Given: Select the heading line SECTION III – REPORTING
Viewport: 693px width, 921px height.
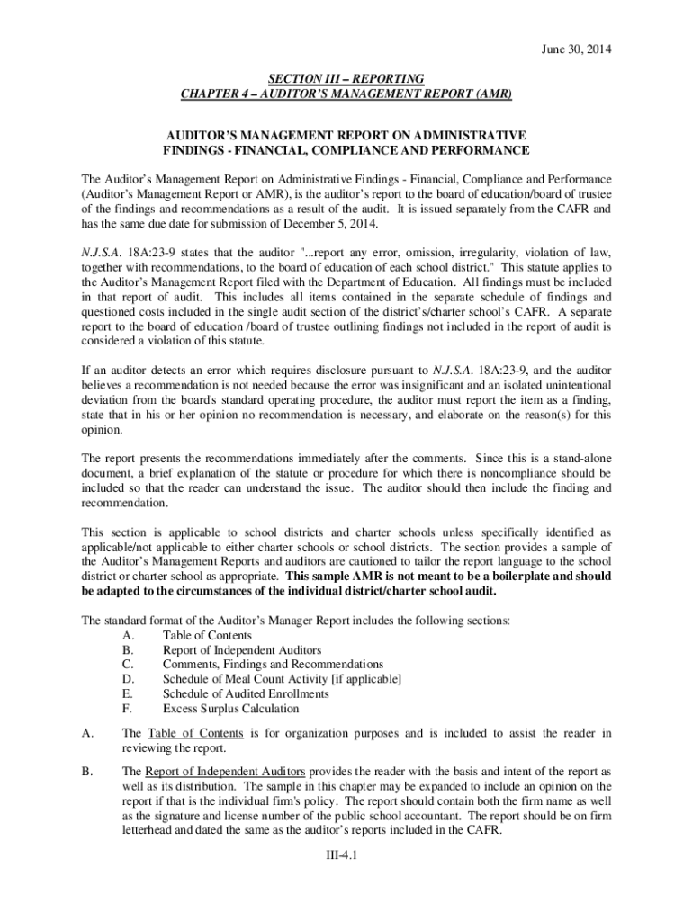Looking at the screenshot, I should tap(346, 78).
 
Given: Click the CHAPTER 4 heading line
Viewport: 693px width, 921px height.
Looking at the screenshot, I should tap(346, 94).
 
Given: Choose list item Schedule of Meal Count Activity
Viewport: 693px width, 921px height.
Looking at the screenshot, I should tap(282, 679).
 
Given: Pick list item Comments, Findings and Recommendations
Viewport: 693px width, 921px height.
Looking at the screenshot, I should tap(273, 665).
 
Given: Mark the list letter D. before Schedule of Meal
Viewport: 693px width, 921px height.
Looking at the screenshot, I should tap(127, 679).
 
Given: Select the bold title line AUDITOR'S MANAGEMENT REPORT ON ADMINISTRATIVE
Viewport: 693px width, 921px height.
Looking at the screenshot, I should tap(346, 133).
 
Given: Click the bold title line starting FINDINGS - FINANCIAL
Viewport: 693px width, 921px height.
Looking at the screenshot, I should tap(346, 149).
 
